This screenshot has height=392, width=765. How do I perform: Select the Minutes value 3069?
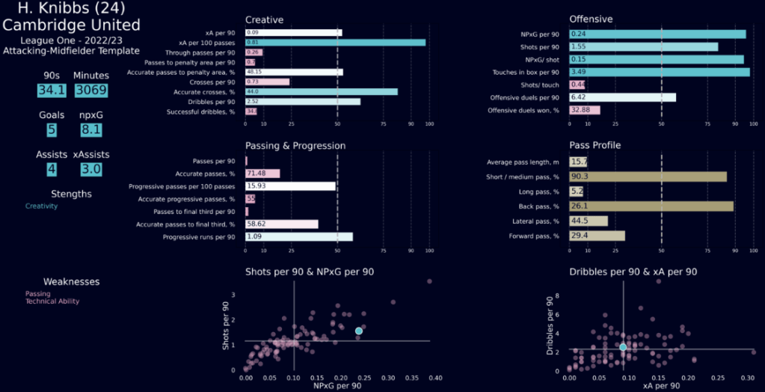click(x=91, y=91)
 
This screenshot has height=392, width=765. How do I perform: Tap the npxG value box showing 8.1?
click(x=91, y=131)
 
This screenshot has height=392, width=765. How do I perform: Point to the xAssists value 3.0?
click(x=91, y=170)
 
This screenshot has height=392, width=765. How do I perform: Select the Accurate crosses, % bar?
click(x=322, y=91)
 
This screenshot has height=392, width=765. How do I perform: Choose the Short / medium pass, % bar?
click(x=648, y=177)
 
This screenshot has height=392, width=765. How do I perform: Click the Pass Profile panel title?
click(x=595, y=145)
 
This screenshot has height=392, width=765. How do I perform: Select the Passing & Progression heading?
click(x=295, y=145)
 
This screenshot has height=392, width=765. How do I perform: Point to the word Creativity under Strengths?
click(x=41, y=206)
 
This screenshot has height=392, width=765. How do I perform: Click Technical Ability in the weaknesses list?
click(x=52, y=301)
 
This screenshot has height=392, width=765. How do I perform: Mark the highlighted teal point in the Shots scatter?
click(x=359, y=331)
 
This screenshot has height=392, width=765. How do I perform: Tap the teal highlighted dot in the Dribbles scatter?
click(x=623, y=346)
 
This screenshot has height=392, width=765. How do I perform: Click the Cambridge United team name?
click(x=71, y=25)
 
